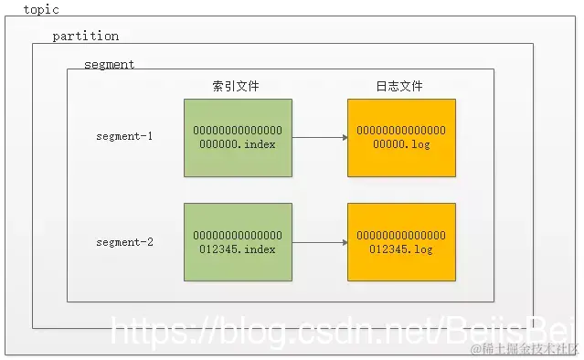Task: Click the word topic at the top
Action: pos(40,9)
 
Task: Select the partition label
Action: pos(85,37)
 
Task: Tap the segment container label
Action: pos(109,65)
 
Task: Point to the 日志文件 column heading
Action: pos(399,86)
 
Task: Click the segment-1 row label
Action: pos(124,137)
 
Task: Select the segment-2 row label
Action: pos(124,242)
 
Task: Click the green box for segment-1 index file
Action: pos(238,137)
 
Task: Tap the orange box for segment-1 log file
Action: pos(401,137)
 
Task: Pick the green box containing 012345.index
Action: pos(238,242)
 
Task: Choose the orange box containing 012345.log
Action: pos(401,242)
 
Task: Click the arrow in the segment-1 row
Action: pos(319,138)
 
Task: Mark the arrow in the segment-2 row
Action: pos(319,242)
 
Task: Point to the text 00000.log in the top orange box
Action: pos(401,144)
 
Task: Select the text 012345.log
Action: pos(401,249)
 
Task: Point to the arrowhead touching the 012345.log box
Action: pos(344,242)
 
